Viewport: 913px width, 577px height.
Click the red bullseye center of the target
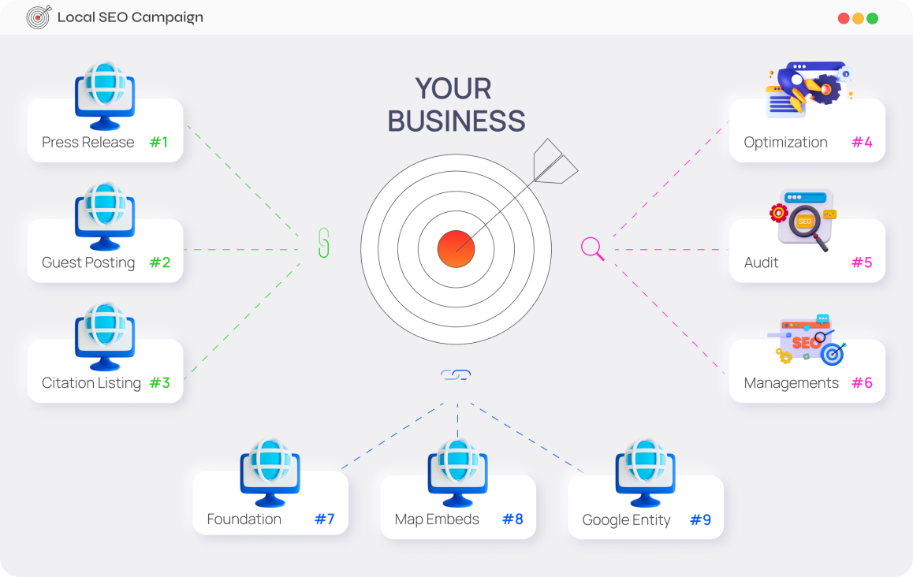click(x=456, y=248)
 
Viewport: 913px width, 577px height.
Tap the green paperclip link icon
click(x=324, y=243)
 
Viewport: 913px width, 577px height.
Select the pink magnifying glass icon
click(x=592, y=248)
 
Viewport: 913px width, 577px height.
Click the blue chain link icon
click(x=456, y=374)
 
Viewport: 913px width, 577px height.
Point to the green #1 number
click(x=159, y=142)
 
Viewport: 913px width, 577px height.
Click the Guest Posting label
click(x=88, y=262)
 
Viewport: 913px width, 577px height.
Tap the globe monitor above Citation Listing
click(x=105, y=337)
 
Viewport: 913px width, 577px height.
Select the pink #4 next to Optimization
click(x=862, y=142)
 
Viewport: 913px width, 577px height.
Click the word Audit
click(x=761, y=262)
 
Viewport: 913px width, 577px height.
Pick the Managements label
click(x=792, y=383)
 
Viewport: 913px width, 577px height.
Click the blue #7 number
click(x=324, y=519)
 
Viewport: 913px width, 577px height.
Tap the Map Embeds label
click(x=437, y=519)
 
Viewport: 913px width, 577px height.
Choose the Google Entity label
click(x=627, y=520)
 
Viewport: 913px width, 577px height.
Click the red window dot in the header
click(x=843, y=18)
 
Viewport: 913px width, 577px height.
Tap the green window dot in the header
click(x=872, y=18)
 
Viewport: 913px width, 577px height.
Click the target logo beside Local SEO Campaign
click(x=39, y=17)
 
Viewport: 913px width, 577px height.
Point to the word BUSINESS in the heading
click(x=456, y=121)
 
